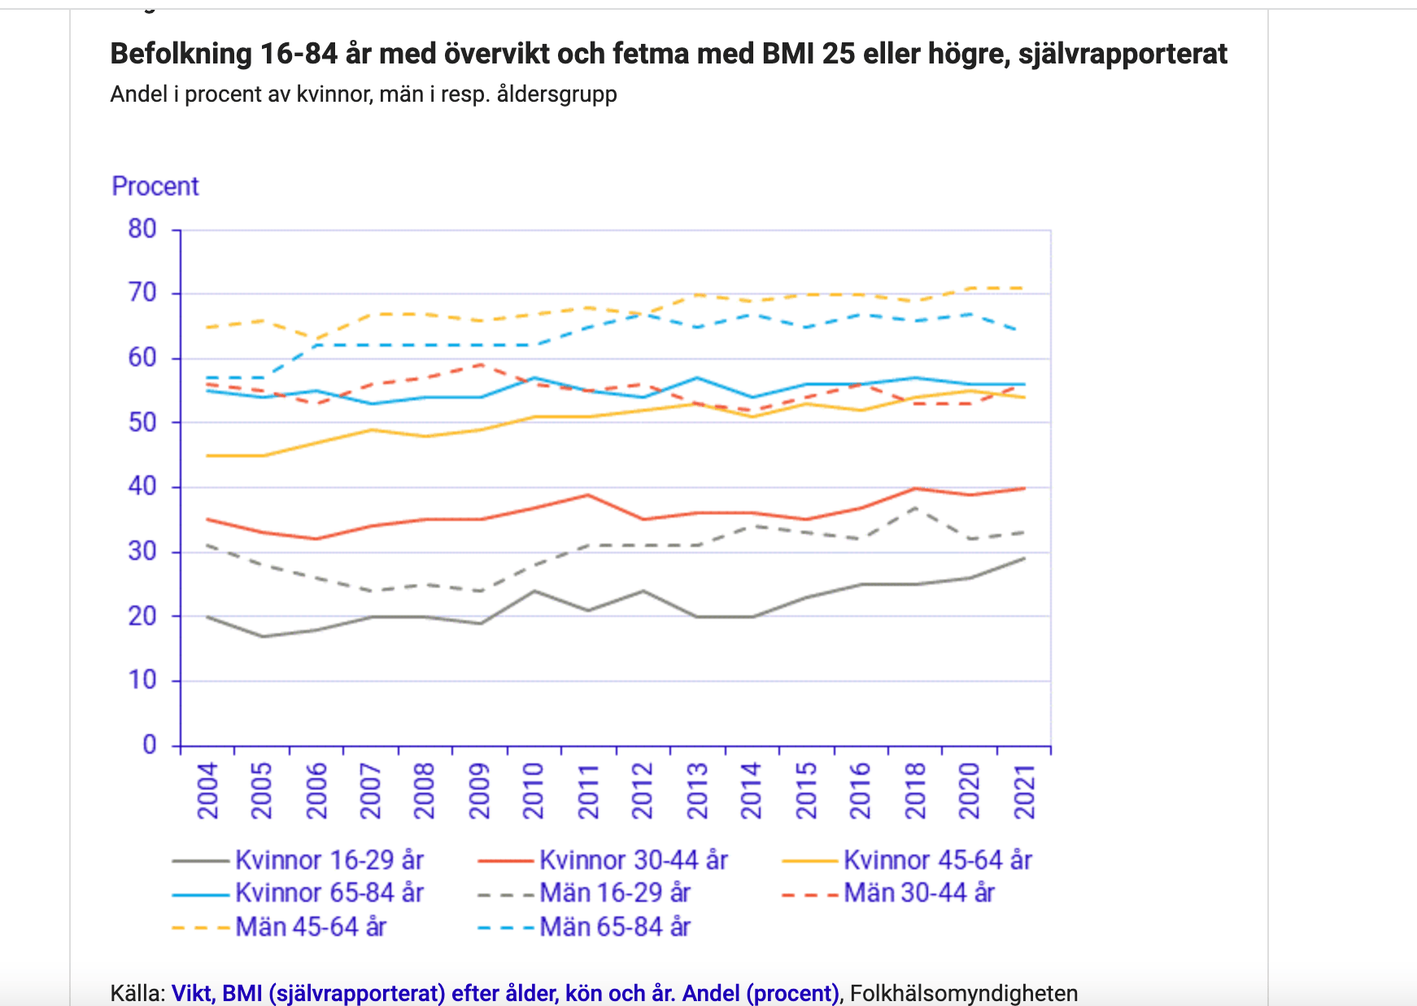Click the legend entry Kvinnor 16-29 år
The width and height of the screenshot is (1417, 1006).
click(x=329, y=860)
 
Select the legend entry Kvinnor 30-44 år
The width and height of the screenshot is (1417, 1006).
click(x=633, y=860)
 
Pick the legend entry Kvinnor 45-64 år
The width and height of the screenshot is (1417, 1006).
click(x=937, y=860)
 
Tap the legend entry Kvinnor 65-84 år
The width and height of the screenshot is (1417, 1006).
click(x=329, y=893)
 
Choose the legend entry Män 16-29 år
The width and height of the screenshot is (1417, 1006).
click(x=614, y=893)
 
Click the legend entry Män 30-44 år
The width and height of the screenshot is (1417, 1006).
click(x=918, y=893)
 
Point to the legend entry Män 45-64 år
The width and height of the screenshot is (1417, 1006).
click(x=310, y=927)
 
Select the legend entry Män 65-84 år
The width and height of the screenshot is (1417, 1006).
click(x=614, y=927)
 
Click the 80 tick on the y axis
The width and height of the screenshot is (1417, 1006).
click(x=142, y=229)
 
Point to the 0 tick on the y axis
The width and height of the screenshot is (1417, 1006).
click(x=150, y=745)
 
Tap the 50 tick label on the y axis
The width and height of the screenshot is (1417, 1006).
click(x=142, y=422)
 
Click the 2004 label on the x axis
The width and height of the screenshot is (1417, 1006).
click(x=208, y=790)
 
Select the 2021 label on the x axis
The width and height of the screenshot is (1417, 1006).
click(x=1025, y=790)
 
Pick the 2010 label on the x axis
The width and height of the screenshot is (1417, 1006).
click(x=534, y=790)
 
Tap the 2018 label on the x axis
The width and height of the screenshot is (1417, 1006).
click(x=916, y=790)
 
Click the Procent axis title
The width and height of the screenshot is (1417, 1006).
click(x=155, y=186)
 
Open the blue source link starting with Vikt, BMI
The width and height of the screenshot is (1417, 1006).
click(x=504, y=993)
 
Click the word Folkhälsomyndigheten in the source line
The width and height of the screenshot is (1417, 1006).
click(x=964, y=993)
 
